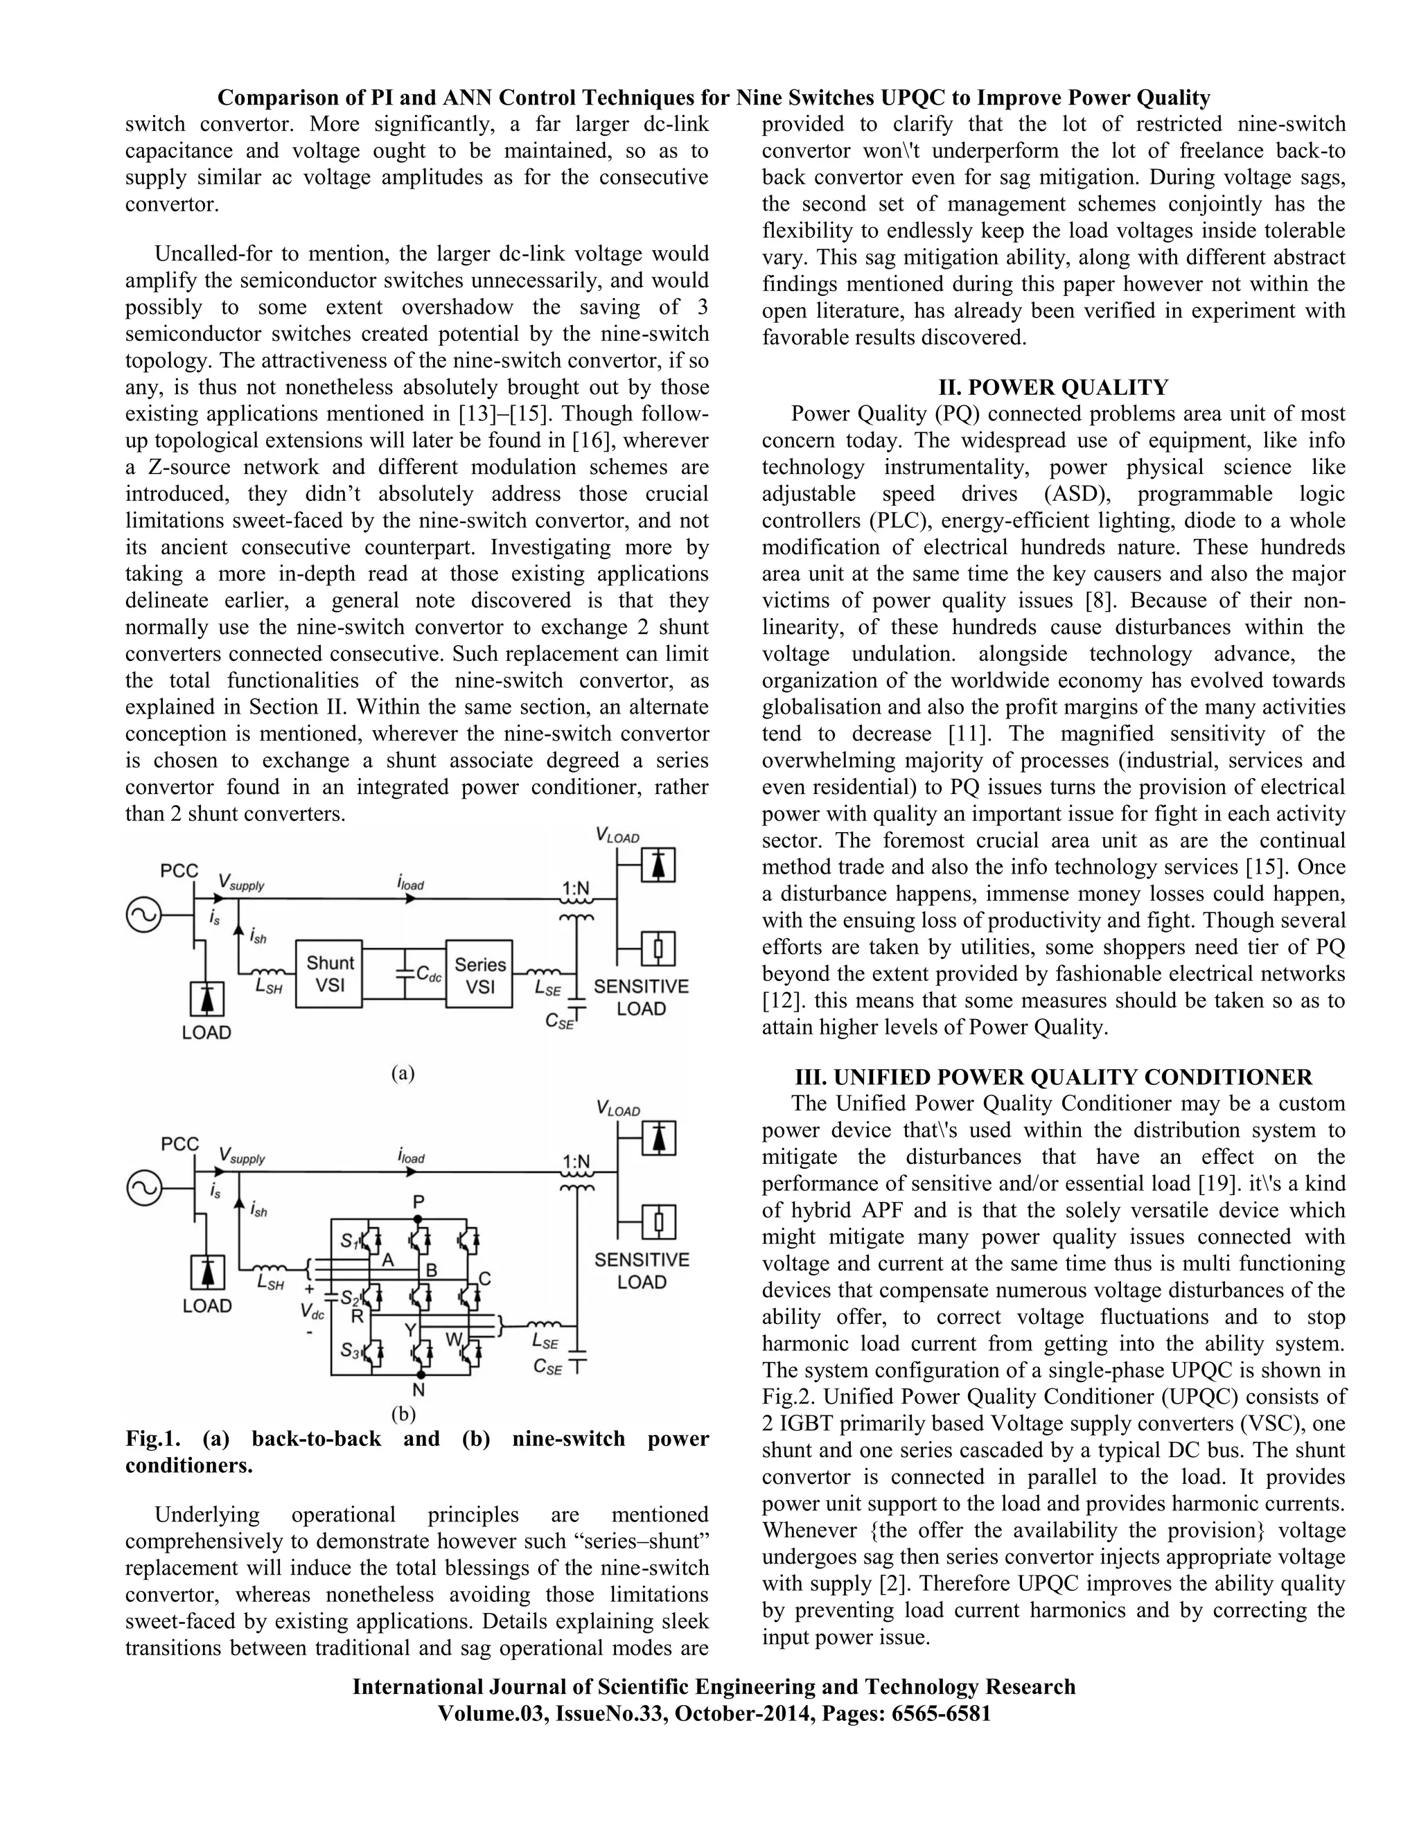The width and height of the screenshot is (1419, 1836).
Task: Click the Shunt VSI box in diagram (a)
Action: pos(330,973)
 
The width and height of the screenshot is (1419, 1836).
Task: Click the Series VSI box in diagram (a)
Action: pos(480,974)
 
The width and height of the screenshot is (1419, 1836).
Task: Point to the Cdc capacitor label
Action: pos(429,974)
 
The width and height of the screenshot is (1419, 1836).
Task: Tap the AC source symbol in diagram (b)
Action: pos(143,1189)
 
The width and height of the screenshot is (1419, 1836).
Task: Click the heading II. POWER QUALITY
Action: pos(1053,387)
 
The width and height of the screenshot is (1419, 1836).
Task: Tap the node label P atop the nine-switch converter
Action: pos(418,1203)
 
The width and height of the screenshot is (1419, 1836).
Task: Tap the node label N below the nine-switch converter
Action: pos(418,1391)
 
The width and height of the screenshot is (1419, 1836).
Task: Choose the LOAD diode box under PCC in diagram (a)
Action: pos(206,998)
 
